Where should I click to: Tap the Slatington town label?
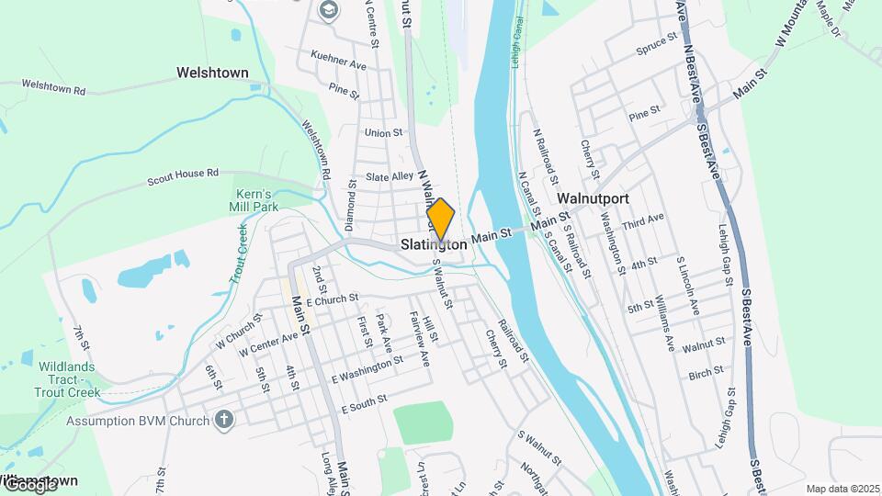[x=434, y=245]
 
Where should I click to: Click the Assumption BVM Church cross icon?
[x=223, y=421]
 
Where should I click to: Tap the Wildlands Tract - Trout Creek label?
[x=67, y=379]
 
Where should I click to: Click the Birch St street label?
[x=706, y=375]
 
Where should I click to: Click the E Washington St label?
[x=367, y=370]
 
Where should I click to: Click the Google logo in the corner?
[x=30, y=484]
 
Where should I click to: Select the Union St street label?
[x=383, y=132]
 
